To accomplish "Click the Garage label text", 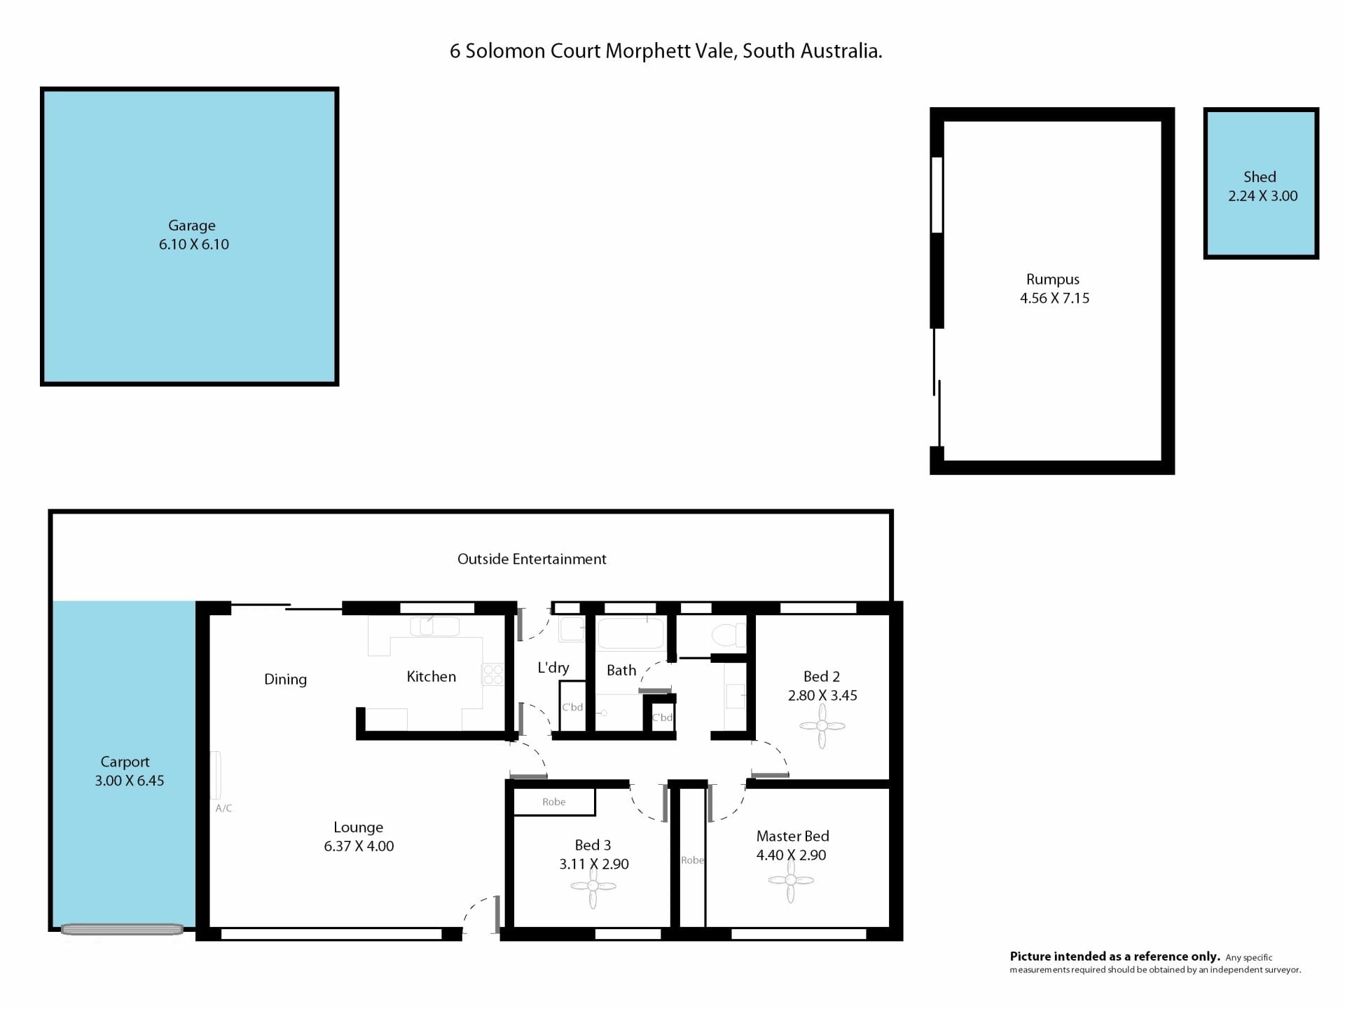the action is (192, 226).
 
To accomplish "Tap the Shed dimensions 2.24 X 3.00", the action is (1263, 196).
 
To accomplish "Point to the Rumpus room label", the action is (1053, 280).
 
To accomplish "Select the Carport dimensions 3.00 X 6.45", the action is (130, 781).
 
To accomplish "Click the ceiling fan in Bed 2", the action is (822, 726).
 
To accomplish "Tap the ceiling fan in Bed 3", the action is (593, 886).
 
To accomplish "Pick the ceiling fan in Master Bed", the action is (791, 881).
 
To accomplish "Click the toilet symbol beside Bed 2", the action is (729, 635).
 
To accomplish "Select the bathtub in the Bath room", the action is (630, 633).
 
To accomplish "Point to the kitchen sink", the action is (434, 626).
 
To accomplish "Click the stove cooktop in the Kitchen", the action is (493, 674).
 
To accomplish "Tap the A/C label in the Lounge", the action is (223, 808).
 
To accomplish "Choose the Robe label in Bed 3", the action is (553, 802).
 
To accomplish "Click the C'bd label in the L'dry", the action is (572, 707).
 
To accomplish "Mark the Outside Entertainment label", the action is (532, 559).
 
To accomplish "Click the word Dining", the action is (285, 680).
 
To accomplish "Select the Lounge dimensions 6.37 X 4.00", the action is (359, 846).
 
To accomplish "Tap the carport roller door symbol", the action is (122, 930).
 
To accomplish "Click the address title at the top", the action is (665, 51).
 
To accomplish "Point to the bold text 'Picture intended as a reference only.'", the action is (1115, 956).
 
